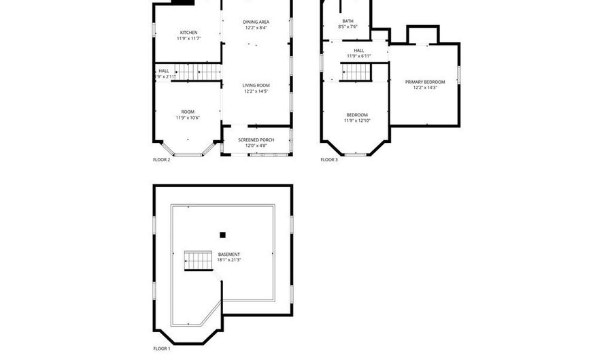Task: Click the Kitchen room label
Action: pos(188,33)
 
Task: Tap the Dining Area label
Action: pos(256,22)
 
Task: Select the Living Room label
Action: pos(256,86)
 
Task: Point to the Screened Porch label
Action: pos(256,140)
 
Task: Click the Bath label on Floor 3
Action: pos(347,21)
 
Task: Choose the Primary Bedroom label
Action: pos(425,82)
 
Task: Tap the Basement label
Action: pos(228,255)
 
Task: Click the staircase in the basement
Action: pos(197,259)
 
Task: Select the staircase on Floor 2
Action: pos(190,71)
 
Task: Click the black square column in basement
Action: pos(222,235)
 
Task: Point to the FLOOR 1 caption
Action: pos(161,348)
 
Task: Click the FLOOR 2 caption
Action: pos(161,160)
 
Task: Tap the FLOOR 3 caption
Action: pos(329,160)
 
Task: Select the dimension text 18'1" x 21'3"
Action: pos(228,260)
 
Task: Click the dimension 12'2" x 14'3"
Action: pos(425,87)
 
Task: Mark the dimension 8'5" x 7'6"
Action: pos(347,27)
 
